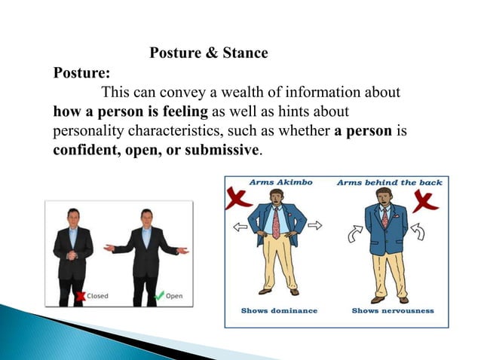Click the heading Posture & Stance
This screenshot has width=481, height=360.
[209, 53]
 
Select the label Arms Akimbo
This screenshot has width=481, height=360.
[280, 182]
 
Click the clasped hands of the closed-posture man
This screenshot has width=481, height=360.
[73, 255]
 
